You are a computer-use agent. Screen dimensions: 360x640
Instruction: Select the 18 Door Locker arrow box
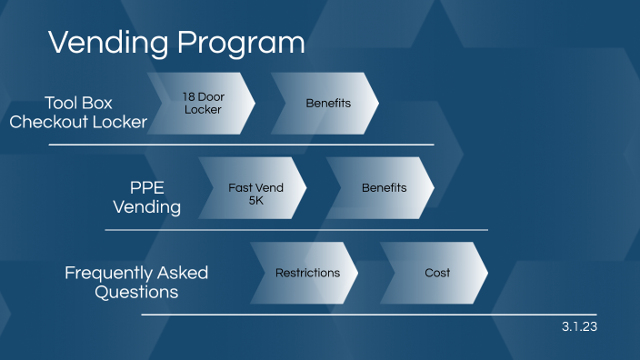tap(201, 103)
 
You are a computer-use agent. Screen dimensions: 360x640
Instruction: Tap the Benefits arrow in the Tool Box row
tap(326, 103)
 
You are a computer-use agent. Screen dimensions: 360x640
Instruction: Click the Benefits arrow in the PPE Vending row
tap(383, 188)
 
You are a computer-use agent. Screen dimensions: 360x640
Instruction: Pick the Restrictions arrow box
tap(306, 273)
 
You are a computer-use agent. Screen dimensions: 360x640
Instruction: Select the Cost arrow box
tap(437, 273)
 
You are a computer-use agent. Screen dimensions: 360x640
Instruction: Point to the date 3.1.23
tap(579, 325)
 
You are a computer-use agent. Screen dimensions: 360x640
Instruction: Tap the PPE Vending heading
tap(146, 196)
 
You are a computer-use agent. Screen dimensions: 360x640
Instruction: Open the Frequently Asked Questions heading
tap(136, 282)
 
